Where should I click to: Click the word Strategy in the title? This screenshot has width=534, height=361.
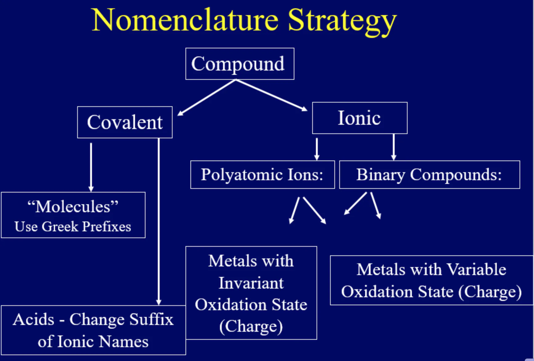342,21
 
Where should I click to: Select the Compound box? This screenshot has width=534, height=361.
240,64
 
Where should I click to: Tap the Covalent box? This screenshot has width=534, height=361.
125,122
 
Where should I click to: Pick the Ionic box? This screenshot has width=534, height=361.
359,118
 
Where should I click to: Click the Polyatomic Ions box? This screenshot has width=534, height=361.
262,175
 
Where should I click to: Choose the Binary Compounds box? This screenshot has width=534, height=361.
429,175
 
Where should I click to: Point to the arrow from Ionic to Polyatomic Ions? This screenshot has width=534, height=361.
317,149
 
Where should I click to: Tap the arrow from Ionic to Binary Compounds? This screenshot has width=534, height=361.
393,147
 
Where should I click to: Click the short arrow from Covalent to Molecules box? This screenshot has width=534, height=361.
91,167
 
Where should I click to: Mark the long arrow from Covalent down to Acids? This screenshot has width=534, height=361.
159,222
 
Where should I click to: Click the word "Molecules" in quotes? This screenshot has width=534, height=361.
73,206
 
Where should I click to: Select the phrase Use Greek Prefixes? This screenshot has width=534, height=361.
73,227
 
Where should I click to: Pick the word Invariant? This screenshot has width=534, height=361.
251,283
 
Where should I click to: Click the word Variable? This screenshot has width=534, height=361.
476,270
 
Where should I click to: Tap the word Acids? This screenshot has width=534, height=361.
34,319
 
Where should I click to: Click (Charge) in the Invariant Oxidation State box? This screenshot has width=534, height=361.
251,327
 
